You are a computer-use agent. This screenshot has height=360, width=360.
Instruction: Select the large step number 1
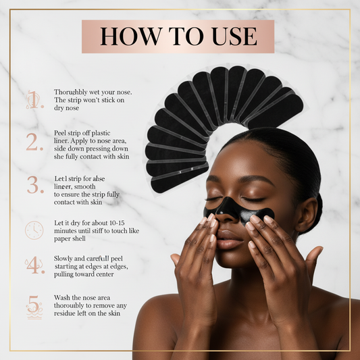point(34,100)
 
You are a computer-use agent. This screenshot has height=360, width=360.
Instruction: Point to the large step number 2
point(34,142)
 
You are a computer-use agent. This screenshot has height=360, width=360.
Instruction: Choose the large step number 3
point(34,184)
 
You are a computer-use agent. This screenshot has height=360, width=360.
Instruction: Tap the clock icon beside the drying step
point(34,229)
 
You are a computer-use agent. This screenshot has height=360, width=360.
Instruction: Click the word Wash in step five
point(63,298)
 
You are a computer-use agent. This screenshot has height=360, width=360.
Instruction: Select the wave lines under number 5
point(34,314)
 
